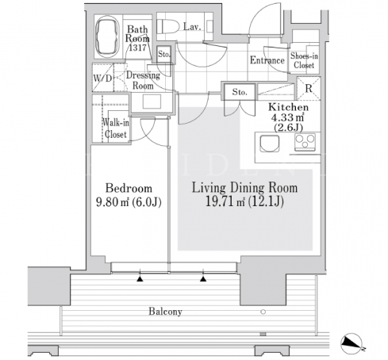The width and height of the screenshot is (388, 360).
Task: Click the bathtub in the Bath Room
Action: click(x=106, y=36)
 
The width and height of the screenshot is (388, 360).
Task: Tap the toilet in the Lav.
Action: click(x=168, y=26)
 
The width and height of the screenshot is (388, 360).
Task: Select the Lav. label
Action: click(x=192, y=26)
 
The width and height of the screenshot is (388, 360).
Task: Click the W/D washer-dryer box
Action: click(x=103, y=78)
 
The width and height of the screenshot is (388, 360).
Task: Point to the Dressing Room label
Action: click(x=143, y=80)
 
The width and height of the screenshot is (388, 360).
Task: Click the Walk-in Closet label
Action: click(x=116, y=128)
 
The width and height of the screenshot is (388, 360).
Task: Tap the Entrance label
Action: click(x=267, y=60)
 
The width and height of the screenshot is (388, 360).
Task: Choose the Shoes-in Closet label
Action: click(x=304, y=60)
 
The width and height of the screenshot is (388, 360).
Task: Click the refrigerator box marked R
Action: click(x=309, y=88)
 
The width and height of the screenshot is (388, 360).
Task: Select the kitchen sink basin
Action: click(x=270, y=144)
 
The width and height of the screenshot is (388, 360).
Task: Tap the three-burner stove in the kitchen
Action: click(x=305, y=143)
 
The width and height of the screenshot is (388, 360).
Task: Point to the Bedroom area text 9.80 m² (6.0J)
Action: click(x=129, y=202)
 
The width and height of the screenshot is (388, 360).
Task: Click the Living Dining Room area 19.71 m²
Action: click(x=225, y=201)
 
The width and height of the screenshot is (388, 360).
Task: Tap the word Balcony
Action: click(x=165, y=312)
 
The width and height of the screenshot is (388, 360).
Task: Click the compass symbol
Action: click(x=352, y=343)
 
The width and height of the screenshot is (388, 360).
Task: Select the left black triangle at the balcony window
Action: click(x=140, y=278)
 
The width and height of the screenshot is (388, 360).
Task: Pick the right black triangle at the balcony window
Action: click(x=203, y=278)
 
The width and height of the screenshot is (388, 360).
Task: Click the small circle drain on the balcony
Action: click(x=263, y=312)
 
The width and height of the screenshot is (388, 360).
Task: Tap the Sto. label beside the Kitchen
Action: click(x=240, y=92)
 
